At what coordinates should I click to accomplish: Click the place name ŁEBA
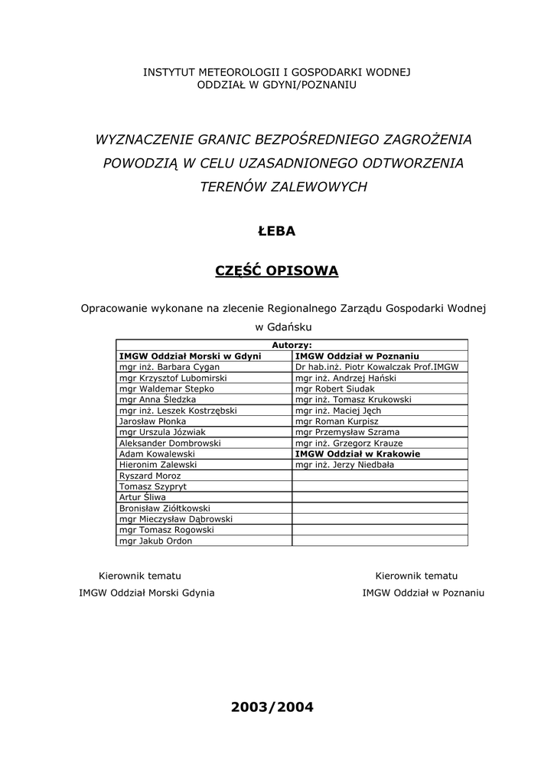[276, 231]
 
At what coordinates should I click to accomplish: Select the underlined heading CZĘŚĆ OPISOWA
[276, 271]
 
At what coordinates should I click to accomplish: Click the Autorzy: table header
[292, 345]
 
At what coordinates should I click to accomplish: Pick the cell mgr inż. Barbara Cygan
[159, 367]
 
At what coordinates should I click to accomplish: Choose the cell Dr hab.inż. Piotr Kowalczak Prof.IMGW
[376, 367]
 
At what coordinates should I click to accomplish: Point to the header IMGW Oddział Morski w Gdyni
[190, 356]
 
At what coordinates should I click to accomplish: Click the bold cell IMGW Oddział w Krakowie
[357, 453]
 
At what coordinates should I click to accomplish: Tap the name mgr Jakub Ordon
[155, 541]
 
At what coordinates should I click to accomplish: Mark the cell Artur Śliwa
[142, 497]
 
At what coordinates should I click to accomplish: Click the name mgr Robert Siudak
[334, 388]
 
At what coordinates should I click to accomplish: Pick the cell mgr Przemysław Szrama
[347, 432]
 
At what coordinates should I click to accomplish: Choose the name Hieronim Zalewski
[158, 464]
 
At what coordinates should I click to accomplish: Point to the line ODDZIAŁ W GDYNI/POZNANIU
[276, 84]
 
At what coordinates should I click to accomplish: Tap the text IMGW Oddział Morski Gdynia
[147, 593]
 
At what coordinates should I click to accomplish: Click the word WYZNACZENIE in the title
[144, 140]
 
